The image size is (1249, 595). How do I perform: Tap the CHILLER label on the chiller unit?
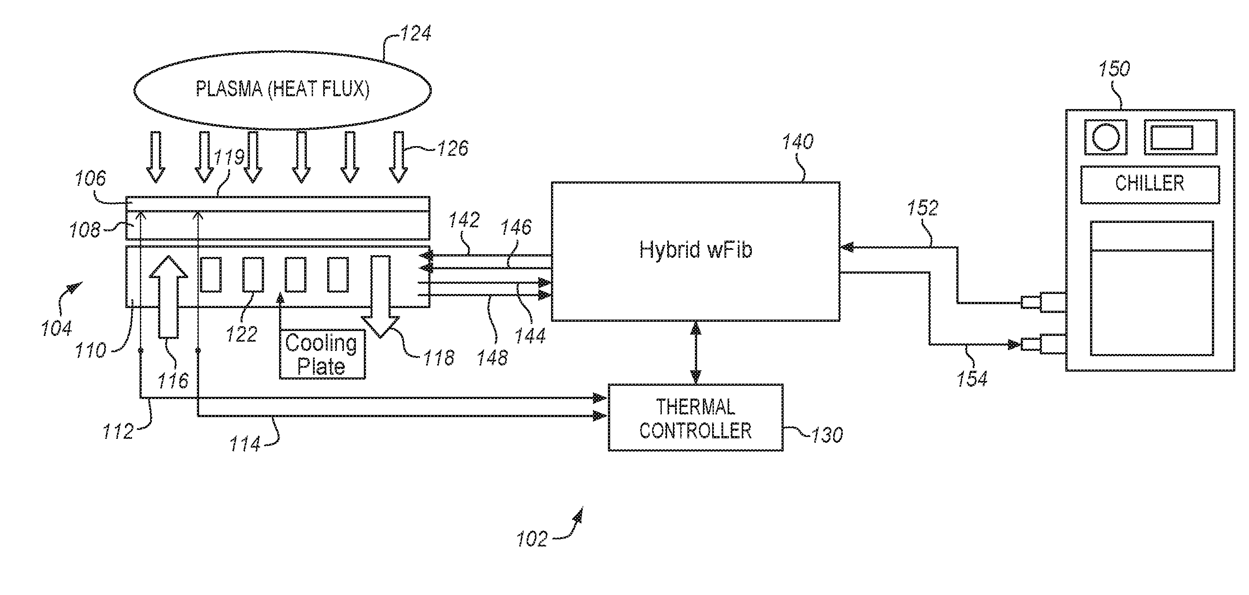[1150, 184]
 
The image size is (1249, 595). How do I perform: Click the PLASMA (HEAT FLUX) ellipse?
[282, 90]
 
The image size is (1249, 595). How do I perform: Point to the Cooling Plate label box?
[322, 354]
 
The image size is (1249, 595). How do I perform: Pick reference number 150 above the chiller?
[1114, 69]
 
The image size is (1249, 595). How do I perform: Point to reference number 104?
[56, 328]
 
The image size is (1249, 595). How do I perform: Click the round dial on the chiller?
[1106, 138]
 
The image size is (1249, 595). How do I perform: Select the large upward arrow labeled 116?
[168, 296]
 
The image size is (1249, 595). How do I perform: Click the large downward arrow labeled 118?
[381, 296]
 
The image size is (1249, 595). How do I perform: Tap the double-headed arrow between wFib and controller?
[696, 353]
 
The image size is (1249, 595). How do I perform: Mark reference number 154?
[972, 379]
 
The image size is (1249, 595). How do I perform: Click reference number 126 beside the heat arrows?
[453, 149]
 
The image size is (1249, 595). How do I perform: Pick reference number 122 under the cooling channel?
[241, 334]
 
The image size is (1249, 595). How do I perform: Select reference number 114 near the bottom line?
[245, 444]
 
